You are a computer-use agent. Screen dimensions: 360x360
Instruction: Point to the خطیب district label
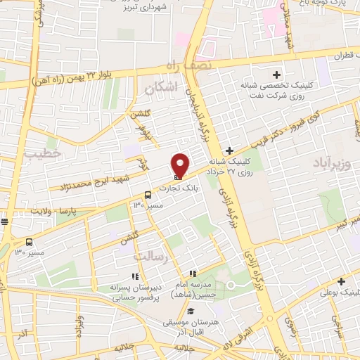click(42, 152)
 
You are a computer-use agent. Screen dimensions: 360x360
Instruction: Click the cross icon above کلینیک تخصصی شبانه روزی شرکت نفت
click(277, 75)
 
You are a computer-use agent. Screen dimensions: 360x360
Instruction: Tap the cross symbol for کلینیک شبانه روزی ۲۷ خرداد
click(230, 150)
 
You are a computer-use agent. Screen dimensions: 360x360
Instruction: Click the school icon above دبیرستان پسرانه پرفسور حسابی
click(136, 276)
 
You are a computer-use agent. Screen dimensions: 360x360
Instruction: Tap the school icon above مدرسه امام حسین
click(193, 274)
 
